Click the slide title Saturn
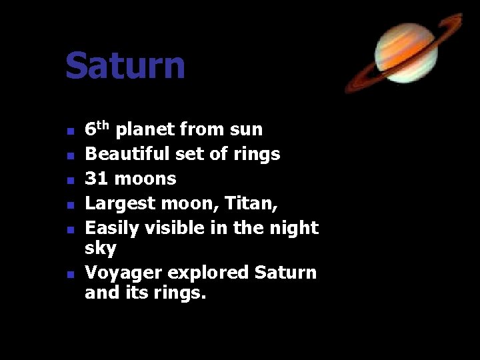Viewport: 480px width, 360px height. click(125, 66)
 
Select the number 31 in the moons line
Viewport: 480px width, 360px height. click(96, 179)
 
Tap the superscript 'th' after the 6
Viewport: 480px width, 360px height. click(103, 125)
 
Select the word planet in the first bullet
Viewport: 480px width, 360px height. click(145, 130)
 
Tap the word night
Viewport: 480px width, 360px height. click(295, 228)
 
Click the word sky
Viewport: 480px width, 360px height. click(100, 249)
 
